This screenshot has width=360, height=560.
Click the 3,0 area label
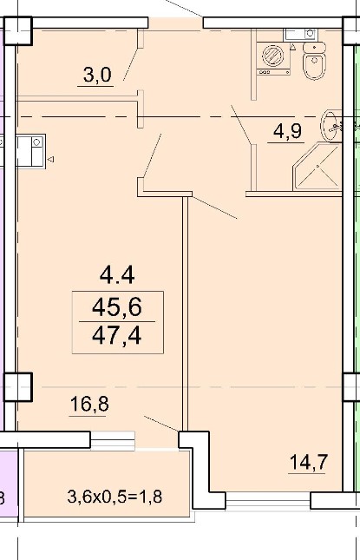point(97,75)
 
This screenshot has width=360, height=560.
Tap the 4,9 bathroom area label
point(287,131)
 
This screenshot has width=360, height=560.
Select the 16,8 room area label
point(89,404)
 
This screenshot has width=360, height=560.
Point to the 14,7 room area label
point(308,462)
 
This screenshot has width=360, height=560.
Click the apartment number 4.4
point(117,276)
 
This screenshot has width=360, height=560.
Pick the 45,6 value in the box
point(117,307)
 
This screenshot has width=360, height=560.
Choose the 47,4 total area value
point(117,336)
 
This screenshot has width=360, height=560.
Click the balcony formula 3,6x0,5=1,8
point(115,497)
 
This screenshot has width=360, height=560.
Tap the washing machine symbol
point(273,58)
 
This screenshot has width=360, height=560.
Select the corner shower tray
point(317,166)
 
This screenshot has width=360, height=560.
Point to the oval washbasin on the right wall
point(331,126)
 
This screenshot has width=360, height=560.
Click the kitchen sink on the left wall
point(30,151)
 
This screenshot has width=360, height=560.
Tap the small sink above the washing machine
point(300,34)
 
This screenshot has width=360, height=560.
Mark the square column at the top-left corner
point(18,30)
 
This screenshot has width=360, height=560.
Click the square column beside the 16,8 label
point(18,386)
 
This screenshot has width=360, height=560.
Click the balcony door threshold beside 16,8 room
point(113,439)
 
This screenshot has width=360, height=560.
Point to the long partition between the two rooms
point(185,313)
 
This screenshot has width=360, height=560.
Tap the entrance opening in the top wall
point(175,23)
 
